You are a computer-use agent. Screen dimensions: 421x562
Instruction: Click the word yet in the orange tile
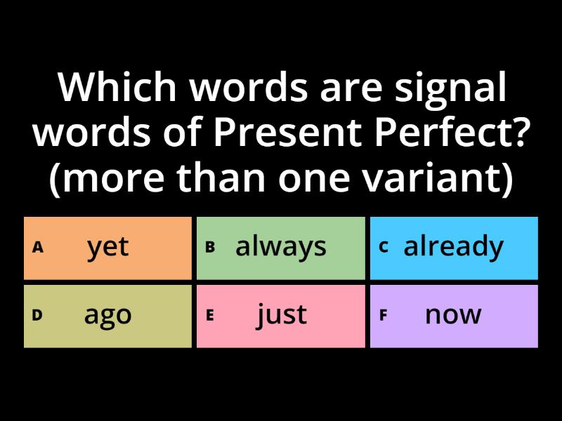click(x=108, y=247)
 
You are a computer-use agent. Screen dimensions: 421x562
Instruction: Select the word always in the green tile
click(x=281, y=247)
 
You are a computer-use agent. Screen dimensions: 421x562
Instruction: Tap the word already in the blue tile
click(x=453, y=247)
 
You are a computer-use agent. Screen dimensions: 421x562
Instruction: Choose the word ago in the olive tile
click(x=108, y=316)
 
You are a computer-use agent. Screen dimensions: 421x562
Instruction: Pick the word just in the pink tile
click(x=281, y=315)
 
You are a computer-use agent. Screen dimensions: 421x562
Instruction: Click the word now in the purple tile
click(x=453, y=315)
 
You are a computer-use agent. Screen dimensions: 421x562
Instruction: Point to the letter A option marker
click(x=38, y=247)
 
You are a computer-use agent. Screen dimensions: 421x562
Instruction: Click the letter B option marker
click(x=209, y=247)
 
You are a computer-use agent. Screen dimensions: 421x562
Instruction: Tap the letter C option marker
click(x=384, y=247)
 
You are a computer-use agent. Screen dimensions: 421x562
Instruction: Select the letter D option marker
click(x=37, y=315)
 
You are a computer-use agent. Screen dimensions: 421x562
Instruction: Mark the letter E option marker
click(x=209, y=315)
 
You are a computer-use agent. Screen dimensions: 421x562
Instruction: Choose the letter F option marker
click(x=384, y=315)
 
